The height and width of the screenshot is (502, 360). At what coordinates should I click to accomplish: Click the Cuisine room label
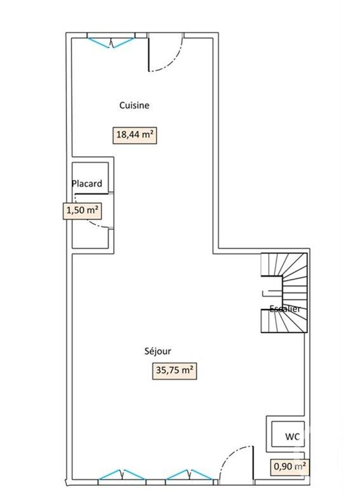(134, 105)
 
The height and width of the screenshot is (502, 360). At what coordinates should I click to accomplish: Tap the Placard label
(87, 183)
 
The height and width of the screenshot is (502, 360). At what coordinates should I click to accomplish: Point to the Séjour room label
(157, 351)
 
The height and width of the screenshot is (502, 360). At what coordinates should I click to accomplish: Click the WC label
(292, 437)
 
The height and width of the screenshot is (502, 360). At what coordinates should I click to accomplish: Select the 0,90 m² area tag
(289, 467)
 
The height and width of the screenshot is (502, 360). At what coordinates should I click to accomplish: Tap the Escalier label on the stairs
(285, 309)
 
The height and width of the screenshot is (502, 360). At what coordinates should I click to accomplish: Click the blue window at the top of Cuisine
(111, 41)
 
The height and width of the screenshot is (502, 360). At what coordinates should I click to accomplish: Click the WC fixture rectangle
(287, 434)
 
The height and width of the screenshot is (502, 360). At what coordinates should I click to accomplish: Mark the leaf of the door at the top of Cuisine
(148, 54)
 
